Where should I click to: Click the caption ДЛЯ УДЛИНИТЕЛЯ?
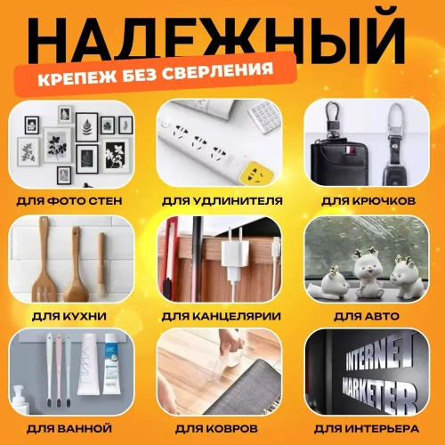click(x=222, y=201)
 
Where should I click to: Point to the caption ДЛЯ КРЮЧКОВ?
click(x=371, y=201)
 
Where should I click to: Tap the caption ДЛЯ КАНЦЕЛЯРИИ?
click(x=222, y=315)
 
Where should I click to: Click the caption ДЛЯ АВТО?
click(x=371, y=315)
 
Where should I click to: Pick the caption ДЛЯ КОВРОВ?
click(x=222, y=429)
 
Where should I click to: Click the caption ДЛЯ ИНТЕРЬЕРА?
click(x=371, y=429)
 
